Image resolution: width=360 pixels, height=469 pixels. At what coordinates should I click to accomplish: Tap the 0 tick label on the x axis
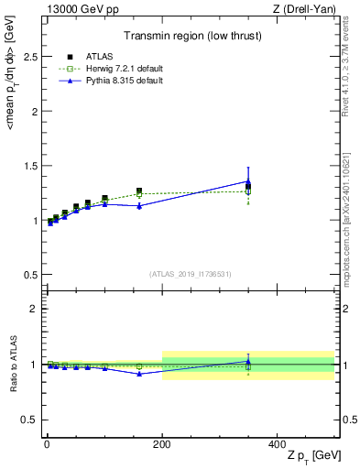click(45, 442)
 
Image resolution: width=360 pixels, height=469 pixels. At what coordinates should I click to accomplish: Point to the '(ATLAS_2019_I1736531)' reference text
click(191, 274)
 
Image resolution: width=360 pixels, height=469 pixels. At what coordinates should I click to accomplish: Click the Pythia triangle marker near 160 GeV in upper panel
click(139, 206)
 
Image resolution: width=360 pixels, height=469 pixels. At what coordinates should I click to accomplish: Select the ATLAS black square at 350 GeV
click(248, 187)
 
